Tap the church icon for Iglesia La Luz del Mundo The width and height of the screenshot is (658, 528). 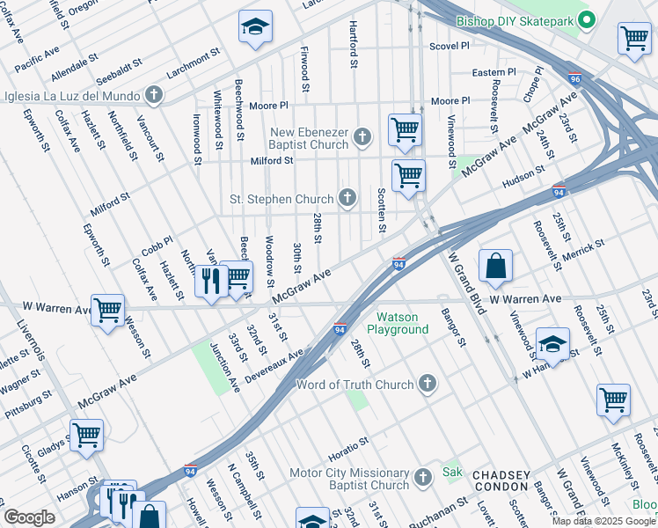click(154, 95)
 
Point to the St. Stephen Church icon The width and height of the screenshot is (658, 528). click(348, 198)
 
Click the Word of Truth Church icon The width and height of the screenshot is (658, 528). click(427, 384)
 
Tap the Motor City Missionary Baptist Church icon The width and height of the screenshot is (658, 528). click(423, 477)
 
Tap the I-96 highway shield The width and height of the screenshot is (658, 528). click(574, 77)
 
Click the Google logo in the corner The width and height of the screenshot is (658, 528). click(29, 517)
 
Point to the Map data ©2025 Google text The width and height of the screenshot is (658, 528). click(603, 521)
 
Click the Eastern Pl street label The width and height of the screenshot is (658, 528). click(493, 72)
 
